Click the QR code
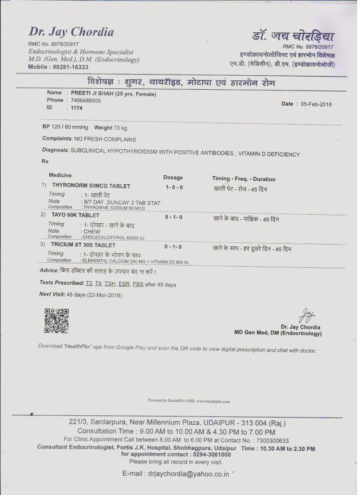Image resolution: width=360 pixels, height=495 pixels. point(56,320)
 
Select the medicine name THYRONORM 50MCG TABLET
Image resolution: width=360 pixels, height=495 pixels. point(91,185)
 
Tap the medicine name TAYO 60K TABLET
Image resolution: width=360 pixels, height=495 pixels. point(76,215)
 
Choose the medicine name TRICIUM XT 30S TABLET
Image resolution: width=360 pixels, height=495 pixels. point(84,246)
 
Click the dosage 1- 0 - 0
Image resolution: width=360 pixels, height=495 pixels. point(174,186)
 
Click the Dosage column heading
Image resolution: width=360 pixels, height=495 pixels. point(173,177)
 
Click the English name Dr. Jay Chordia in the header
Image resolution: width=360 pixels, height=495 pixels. point(71,32)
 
